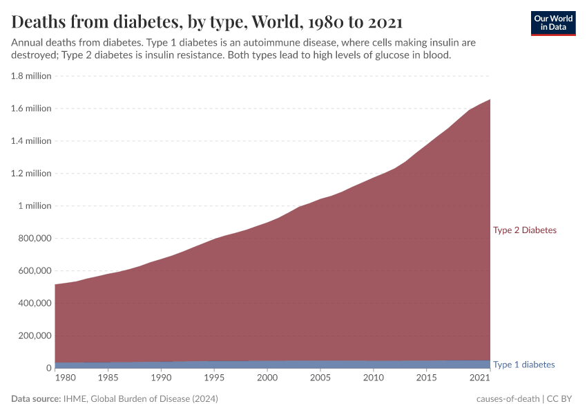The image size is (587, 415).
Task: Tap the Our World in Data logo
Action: click(x=552, y=23)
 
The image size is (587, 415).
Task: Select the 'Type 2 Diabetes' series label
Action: click(x=524, y=230)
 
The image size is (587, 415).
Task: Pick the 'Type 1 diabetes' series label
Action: click(x=523, y=365)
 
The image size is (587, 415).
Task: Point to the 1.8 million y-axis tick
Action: click(x=31, y=76)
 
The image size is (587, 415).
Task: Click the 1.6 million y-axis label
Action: click(x=31, y=109)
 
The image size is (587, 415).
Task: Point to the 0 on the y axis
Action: click(x=48, y=368)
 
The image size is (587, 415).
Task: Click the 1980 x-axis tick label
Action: click(x=65, y=378)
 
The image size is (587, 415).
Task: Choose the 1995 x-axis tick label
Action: click(x=214, y=378)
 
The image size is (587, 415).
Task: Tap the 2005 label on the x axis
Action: click(x=320, y=378)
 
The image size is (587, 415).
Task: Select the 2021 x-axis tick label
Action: click(x=479, y=378)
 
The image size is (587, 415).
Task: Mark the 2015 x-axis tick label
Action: click(x=427, y=378)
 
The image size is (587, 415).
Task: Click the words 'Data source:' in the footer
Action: click(x=36, y=399)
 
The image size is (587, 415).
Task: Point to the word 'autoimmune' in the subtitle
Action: click(x=262, y=42)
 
